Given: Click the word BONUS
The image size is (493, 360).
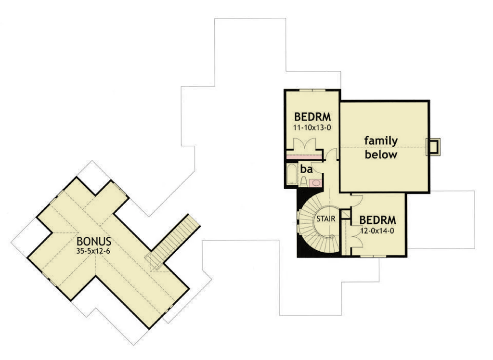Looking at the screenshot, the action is [94, 241].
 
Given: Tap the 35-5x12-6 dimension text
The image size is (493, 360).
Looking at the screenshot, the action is [93, 251].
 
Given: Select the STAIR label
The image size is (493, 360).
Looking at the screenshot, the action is [326, 219].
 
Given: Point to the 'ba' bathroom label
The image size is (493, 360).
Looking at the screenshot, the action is [306, 169].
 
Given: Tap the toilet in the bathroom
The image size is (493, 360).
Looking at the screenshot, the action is [303, 181].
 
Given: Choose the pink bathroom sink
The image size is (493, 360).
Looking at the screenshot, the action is [316, 183].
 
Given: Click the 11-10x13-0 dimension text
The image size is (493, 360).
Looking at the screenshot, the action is [312, 128].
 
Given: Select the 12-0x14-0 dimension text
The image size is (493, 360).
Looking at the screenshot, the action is [377, 231].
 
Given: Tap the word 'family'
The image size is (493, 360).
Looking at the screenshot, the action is [381, 141].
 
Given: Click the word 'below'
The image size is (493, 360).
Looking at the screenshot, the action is [381, 154].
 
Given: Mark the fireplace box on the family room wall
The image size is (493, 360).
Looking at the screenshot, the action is [433, 147].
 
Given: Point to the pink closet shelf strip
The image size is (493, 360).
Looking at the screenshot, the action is [304, 156].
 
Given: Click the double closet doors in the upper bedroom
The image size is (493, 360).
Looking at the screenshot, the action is [304, 145].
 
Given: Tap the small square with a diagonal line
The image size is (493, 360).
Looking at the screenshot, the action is [346, 214].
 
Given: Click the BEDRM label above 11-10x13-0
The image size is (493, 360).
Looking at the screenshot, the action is [312, 116].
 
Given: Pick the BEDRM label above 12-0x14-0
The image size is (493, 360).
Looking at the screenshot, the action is [377, 220].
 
